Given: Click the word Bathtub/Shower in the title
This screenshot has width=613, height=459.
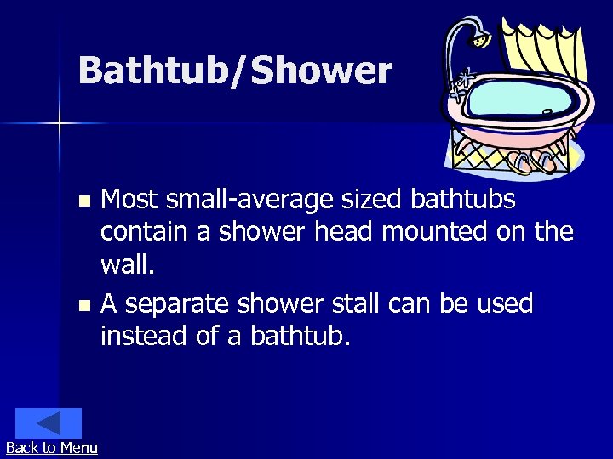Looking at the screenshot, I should tap(235, 71).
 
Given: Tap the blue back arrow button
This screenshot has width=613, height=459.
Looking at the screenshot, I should tap(49, 423).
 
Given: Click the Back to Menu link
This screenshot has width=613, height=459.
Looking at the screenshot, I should tap(51, 448).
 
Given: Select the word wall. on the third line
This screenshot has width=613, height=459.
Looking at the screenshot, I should tap(128, 267).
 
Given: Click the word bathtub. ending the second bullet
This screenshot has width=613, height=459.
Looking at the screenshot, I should tap(300, 336).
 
